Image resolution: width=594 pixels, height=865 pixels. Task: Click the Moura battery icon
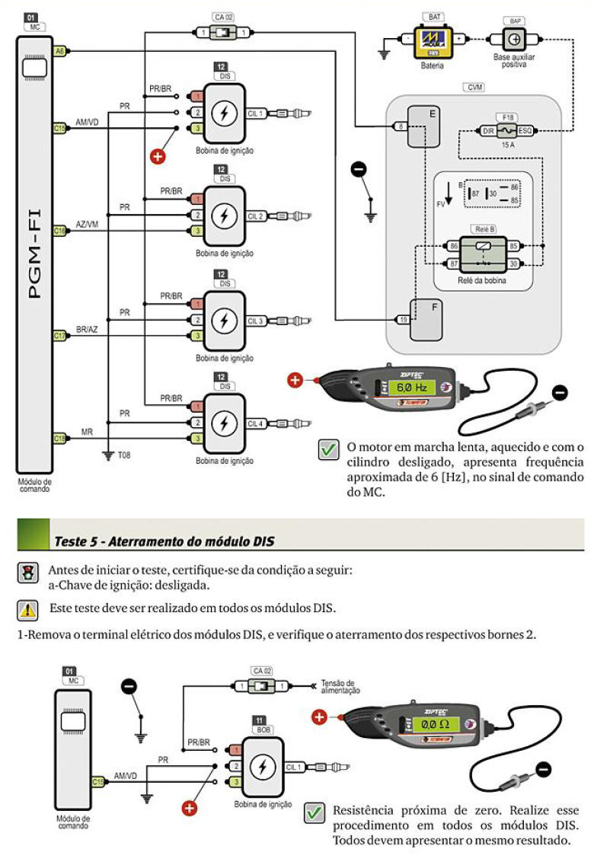434,43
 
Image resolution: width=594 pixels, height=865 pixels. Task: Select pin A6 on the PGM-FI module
59,51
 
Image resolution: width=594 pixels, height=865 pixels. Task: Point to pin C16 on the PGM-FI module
59,231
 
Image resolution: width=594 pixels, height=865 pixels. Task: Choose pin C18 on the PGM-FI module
59,438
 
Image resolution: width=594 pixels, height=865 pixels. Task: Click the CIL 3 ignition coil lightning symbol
224,321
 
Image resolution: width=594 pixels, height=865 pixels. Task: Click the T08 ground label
124,456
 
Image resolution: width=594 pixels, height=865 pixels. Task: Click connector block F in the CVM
425,319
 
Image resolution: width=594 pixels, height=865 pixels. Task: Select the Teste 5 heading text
164,541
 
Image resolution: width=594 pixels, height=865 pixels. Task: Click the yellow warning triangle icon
28,609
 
